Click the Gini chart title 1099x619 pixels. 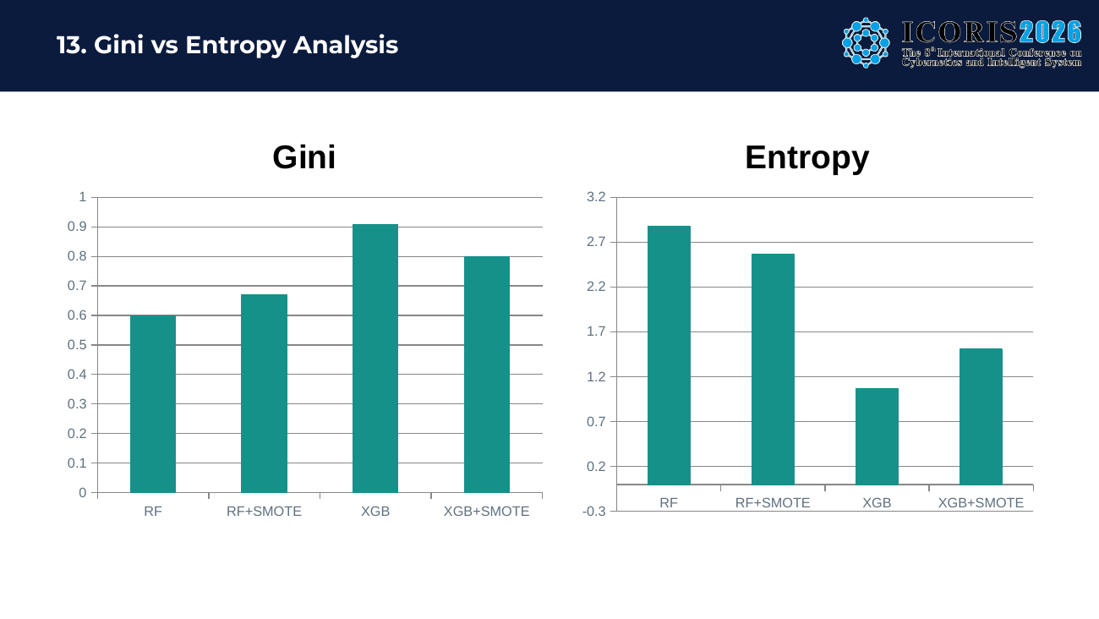[x=303, y=157]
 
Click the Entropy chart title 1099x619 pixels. [x=807, y=158]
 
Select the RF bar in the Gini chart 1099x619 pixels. [x=153, y=404]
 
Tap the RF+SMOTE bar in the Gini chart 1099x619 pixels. [x=264, y=393]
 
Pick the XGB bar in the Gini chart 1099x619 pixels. [x=375, y=359]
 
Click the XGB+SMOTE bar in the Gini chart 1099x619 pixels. [x=487, y=375]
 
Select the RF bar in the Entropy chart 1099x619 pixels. [x=669, y=355]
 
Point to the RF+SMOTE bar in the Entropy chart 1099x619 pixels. [x=773, y=370]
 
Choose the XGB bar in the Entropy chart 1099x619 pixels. [x=877, y=436]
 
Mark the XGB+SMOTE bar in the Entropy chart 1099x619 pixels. [x=981, y=417]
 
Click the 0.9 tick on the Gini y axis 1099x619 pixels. [x=77, y=227]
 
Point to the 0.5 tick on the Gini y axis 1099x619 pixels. [x=77, y=345]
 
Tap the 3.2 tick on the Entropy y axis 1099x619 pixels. [x=596, y=197]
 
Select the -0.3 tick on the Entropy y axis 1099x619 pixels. [x=594, y=512]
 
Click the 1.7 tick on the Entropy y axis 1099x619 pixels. [x=596, y=331]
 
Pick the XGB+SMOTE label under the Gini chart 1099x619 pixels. [x=487, y=512]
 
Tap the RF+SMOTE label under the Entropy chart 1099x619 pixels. [x=773, y=503]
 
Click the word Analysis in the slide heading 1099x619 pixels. [x=346, y=45]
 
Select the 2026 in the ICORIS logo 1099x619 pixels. [x=1051, y=32]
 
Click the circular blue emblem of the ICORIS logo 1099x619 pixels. [x=866, y=43]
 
